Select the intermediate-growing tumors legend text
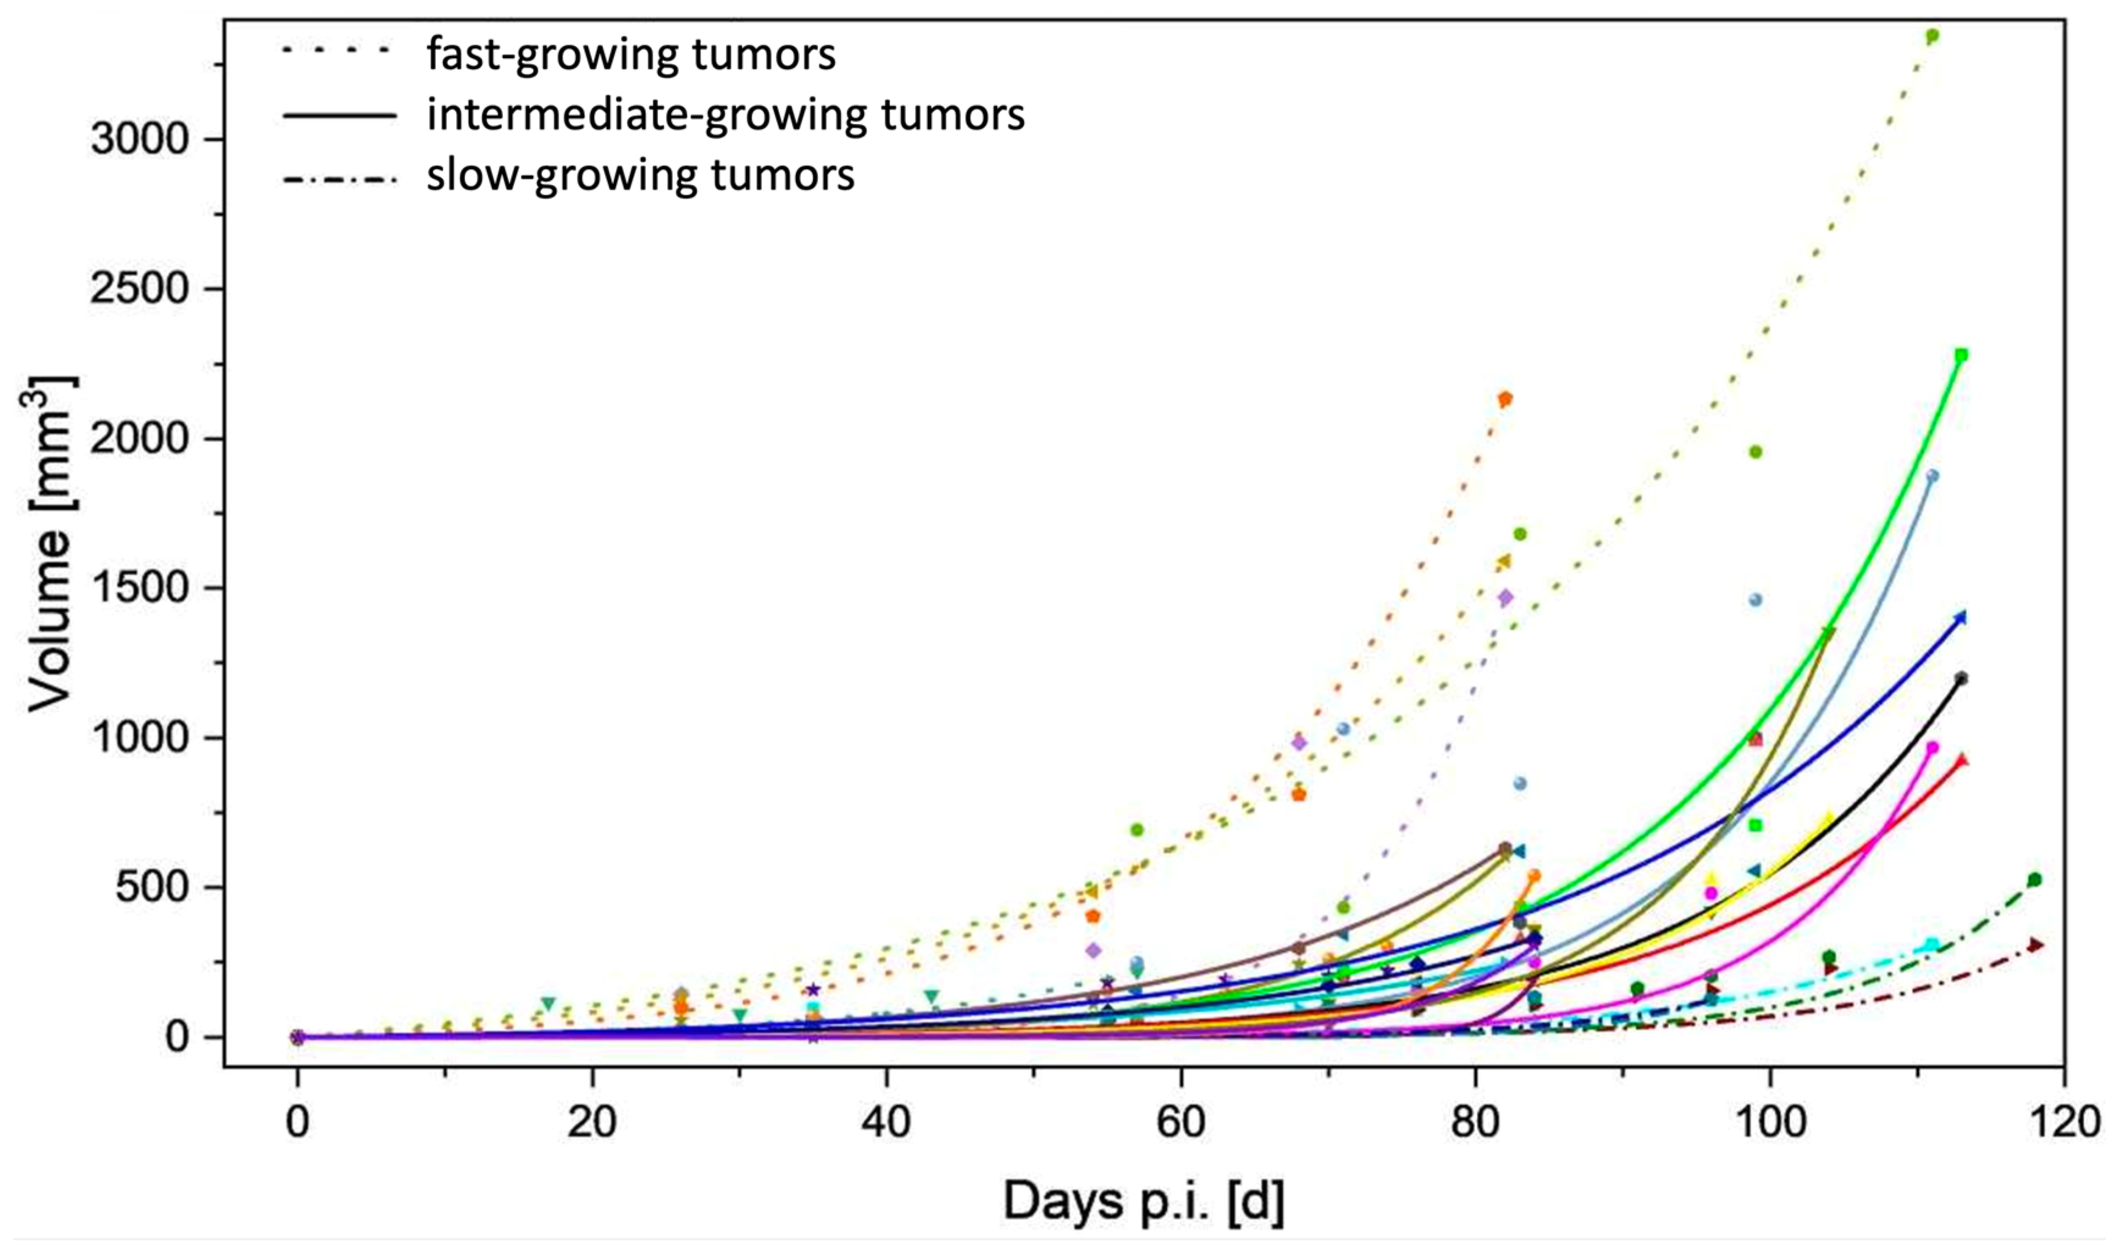pos(725,115)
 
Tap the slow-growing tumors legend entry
pos(640,176)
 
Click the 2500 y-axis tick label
pos(138,289)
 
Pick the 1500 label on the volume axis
pos(138,588)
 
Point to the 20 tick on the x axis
pos(592,1124)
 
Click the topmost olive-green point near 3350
pos(1932,36)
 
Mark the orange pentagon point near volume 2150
pos(1505,399)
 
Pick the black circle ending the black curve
pos(1961,678)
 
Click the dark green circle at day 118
pos(2035,880)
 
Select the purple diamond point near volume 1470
pos(1505,598)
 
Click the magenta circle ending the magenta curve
pos(1932,747)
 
